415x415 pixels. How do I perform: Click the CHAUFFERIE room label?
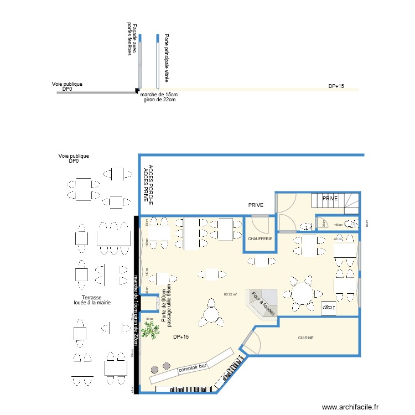pos(260,238)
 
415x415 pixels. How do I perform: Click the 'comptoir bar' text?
pos(192,367)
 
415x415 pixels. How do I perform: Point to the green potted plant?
pos(149,330)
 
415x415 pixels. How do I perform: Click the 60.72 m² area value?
pos(230,294)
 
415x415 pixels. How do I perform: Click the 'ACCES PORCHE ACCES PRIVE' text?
pos(148,184)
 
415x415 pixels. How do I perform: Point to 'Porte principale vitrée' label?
pos(166,58)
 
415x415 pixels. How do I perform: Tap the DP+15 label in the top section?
pos(336,86)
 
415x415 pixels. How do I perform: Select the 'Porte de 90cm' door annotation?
pos(164,307)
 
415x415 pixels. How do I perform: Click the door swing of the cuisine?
pos(250,342)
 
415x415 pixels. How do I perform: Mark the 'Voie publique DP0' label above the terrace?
pos(74,159)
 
